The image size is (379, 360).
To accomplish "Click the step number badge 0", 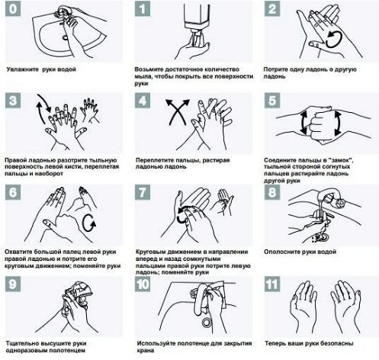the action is (13, 9).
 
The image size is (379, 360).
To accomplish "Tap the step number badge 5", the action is (272, 101).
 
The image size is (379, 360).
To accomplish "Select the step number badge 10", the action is (143, 284).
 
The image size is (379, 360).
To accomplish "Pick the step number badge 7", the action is (143, 192).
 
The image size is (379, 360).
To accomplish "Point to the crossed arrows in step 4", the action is (178, 111).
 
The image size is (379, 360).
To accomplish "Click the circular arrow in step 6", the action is (89, 223).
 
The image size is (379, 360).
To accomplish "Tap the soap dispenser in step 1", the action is (198, 19).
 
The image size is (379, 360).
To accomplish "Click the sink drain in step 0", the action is (65, 38).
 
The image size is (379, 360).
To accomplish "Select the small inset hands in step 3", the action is (89, 110).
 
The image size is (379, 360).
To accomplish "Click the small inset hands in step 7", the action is (224, 202).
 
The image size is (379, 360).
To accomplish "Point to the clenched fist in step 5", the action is (321, 124).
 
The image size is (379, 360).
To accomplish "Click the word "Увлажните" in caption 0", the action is (23, 69).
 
